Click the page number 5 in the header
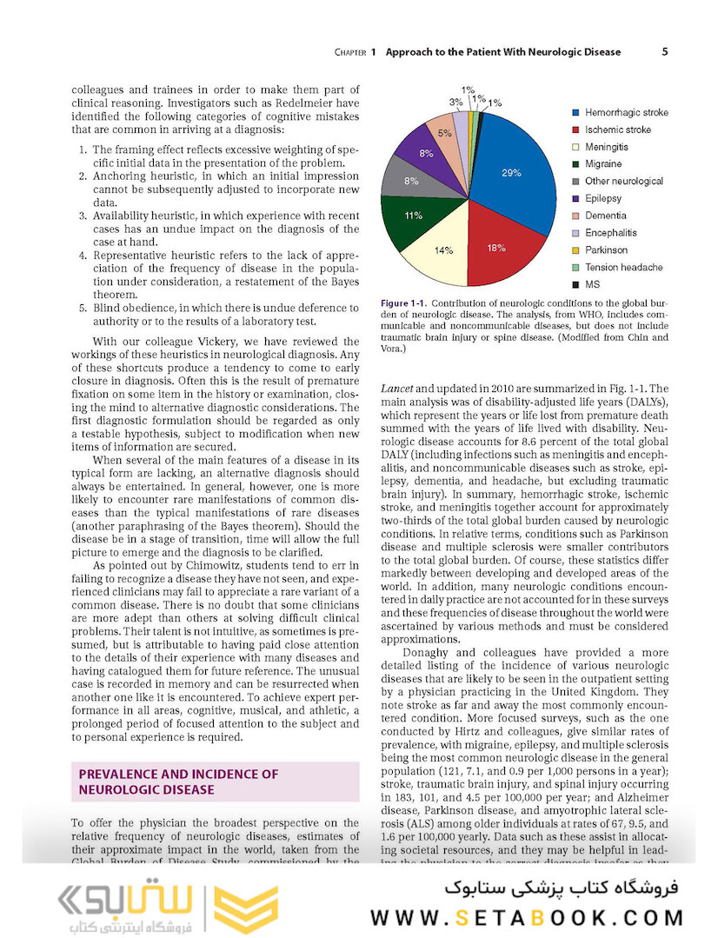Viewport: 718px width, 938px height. tap(664, 51)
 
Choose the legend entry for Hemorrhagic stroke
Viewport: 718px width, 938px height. tap(626, 113)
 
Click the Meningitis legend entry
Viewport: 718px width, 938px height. tap(606, 147)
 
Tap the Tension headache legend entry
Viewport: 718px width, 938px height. tap(623, 268)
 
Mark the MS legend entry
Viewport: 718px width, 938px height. tap(592, 284)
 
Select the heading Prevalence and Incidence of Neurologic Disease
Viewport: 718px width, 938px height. tap(178, 782)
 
